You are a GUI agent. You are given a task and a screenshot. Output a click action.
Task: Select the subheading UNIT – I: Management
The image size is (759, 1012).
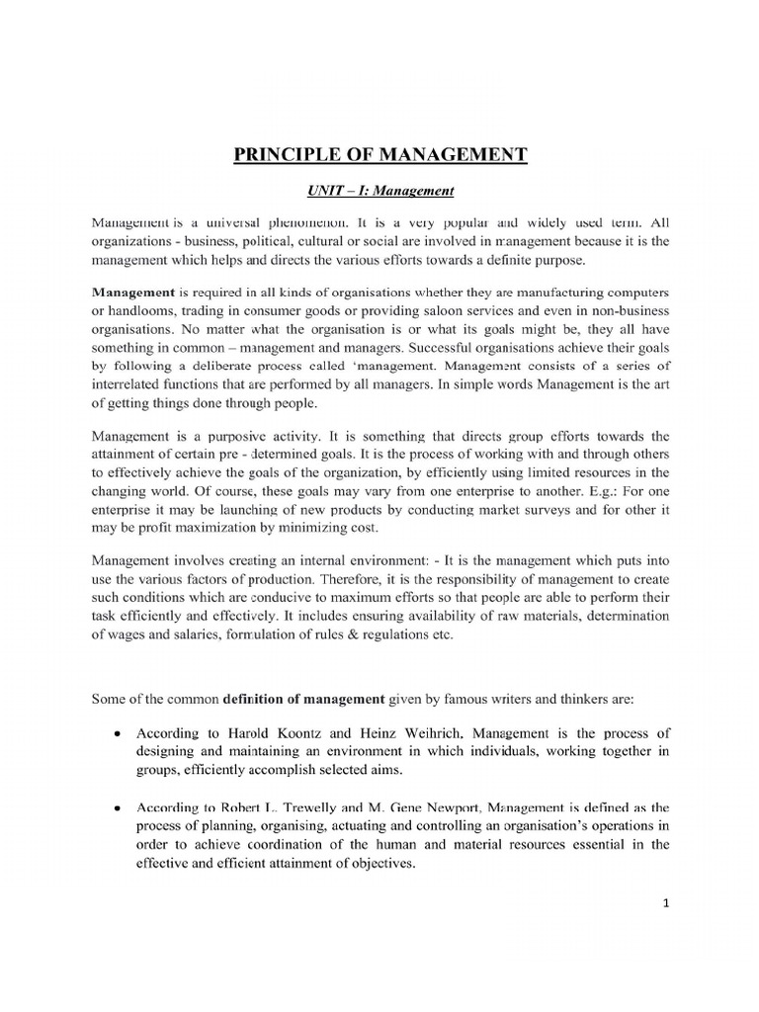[x=379, y=190]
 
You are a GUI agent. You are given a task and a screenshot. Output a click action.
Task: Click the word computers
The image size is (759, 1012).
[x=636, y=293]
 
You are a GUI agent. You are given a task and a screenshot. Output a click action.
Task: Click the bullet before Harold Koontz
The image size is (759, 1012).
[x=118, y=735]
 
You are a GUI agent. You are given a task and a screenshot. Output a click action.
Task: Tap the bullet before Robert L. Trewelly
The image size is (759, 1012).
[x=118, y=809]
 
